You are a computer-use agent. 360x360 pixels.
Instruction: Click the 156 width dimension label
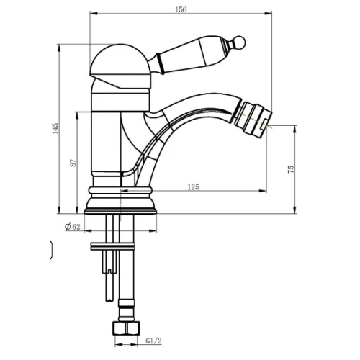(x=181, y=9)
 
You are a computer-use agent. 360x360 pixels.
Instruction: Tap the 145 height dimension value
(x=55, y=128)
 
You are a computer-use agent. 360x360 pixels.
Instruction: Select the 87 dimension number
(x=73, y=163)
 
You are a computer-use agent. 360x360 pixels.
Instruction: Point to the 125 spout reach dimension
(x=194, y=186)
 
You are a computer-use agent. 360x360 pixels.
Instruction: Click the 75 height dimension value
(x=291, y=169)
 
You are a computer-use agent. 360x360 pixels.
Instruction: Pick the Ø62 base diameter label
(x=73, y=227)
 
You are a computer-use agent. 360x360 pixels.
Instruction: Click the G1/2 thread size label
(x=153, y=341)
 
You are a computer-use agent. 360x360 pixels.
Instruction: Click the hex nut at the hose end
(x=126, y=328)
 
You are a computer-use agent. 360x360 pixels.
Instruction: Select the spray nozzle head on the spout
(x=253, y=120)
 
